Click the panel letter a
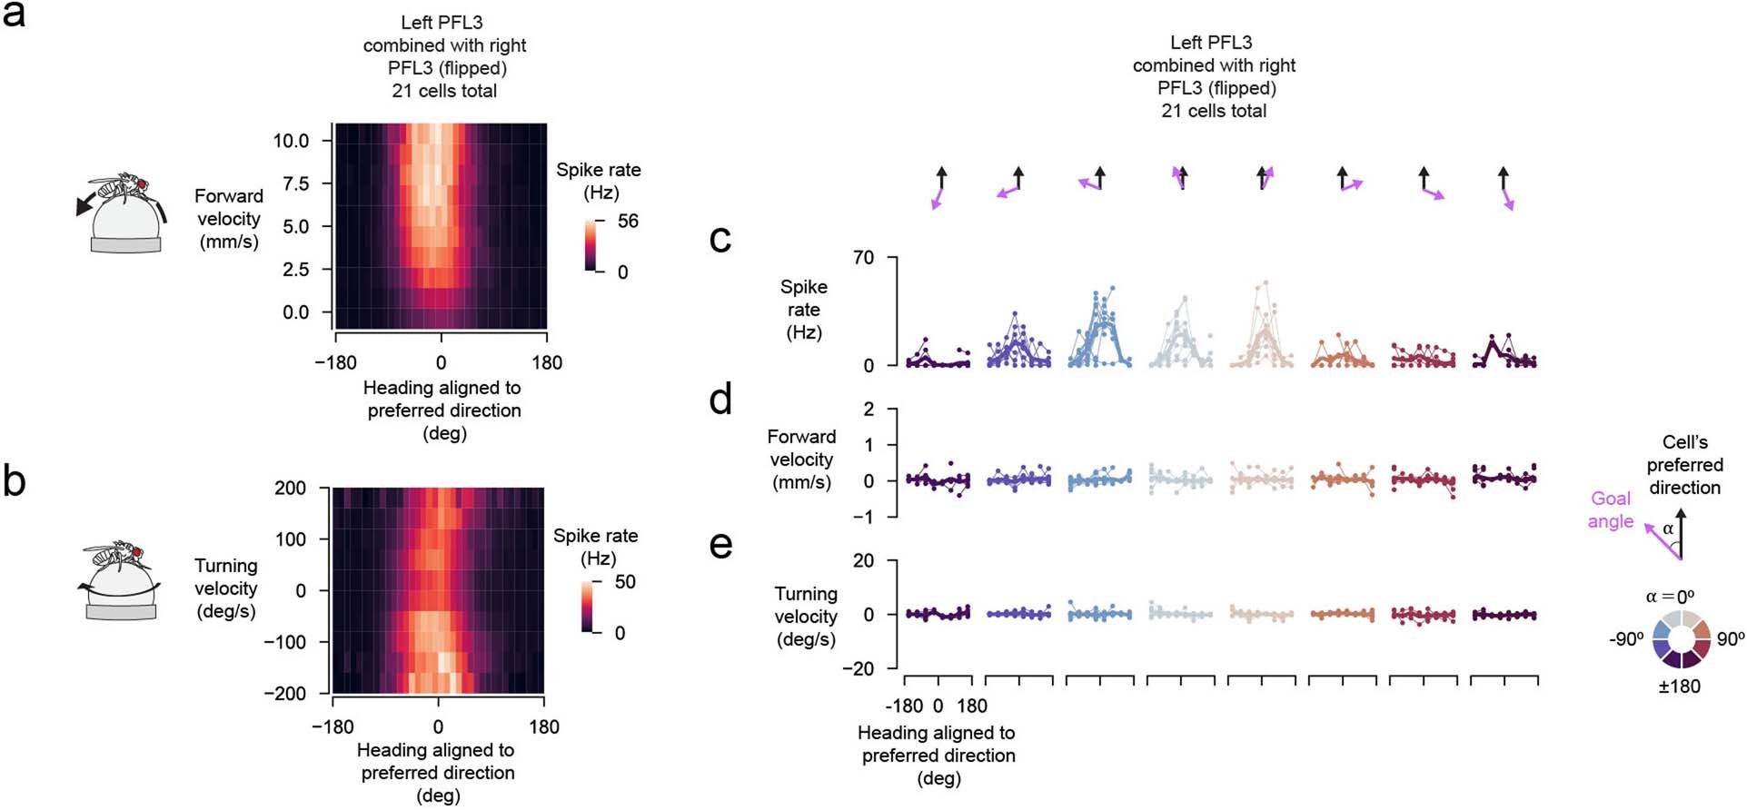click(14, 15)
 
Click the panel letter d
click(720, 399)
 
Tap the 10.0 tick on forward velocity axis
click(291, 141)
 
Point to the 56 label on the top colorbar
click(628, 221)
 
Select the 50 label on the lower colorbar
click(625, 582)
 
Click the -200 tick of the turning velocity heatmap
click(284, 693)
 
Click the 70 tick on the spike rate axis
click(863, 258)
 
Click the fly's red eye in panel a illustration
click(142, 185)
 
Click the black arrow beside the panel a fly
click(86, 205)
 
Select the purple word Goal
click(1611, 499)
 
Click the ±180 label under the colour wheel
click(1679, 687)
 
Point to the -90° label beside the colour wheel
click(1626, 638)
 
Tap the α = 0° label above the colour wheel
click(1670, 597)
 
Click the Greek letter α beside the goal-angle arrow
click(1668, 528)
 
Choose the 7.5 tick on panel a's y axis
click(295, 183)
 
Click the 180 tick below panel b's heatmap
click(543, 726)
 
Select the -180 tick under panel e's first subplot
click(903, 706)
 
